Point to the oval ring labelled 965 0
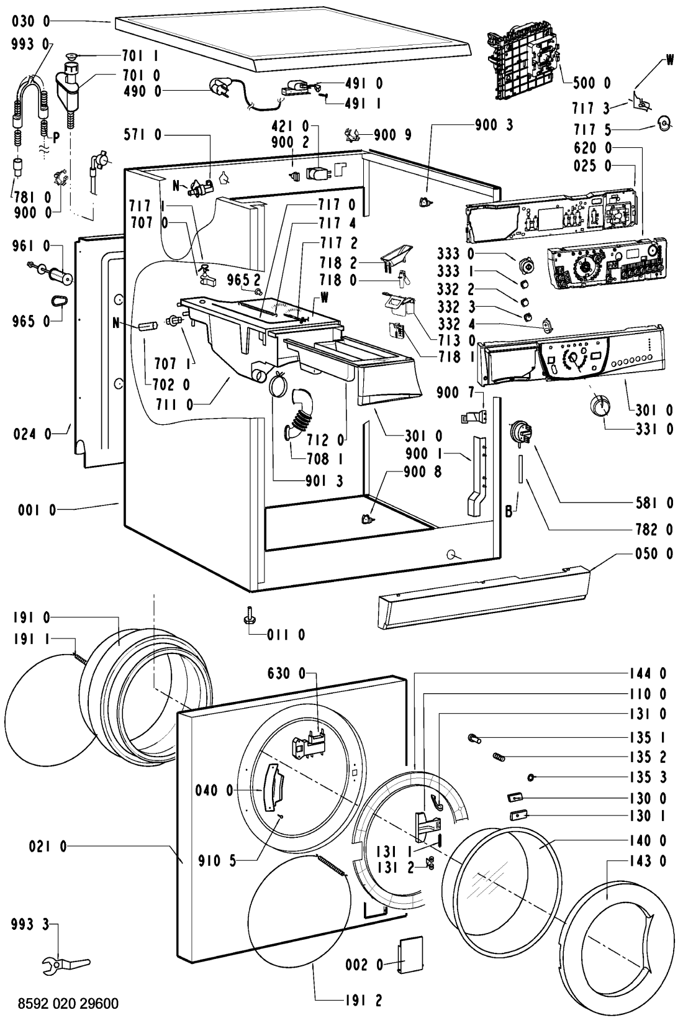click(x=58, y=302)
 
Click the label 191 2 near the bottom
click(x=362, y=1000)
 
